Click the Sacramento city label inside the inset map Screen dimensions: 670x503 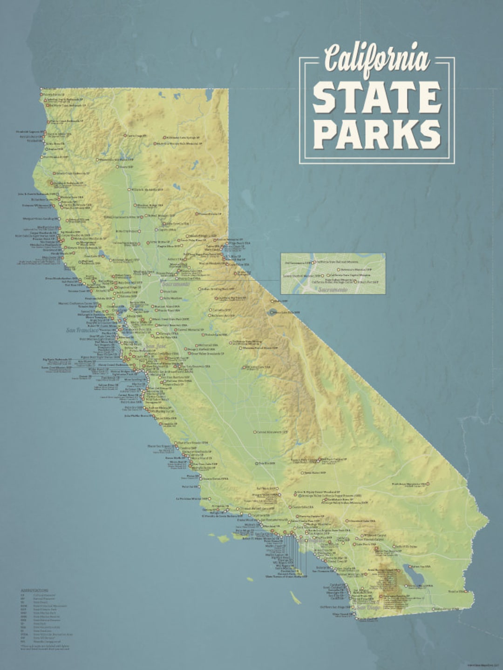333,289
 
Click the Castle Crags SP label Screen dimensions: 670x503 136,136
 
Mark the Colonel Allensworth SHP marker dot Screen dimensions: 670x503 255,432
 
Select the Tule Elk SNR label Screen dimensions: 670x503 267,463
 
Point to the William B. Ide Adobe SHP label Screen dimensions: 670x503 147,190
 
